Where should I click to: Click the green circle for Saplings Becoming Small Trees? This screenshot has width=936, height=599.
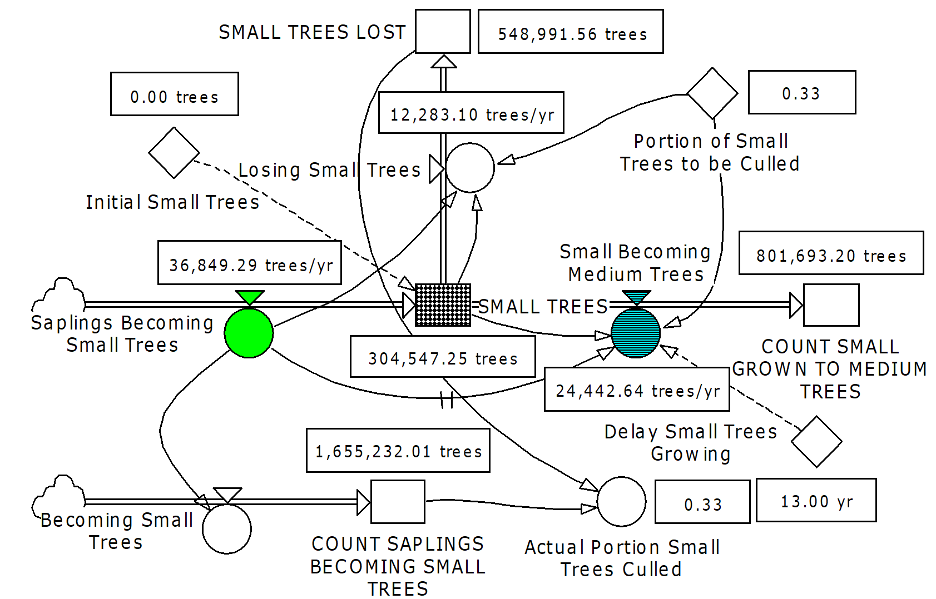[249, 333]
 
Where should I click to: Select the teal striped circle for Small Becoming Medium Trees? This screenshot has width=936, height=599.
[636, 333]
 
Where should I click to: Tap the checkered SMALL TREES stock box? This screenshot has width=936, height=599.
[443, 305]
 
